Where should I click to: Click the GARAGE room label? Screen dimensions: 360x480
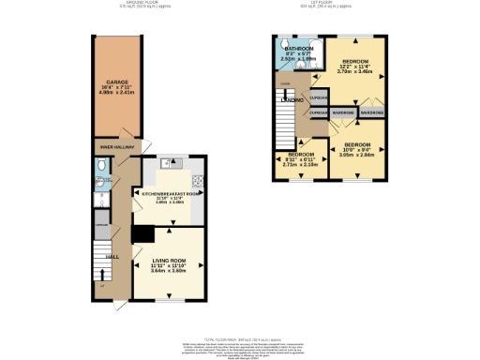coord(116,82)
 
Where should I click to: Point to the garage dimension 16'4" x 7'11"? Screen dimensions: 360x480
coord(116,89)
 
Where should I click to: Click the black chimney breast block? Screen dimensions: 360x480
coord(142,233)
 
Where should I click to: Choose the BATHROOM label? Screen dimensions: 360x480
coord(299,48)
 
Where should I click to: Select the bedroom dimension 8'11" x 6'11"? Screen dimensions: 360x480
coord(300,160)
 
